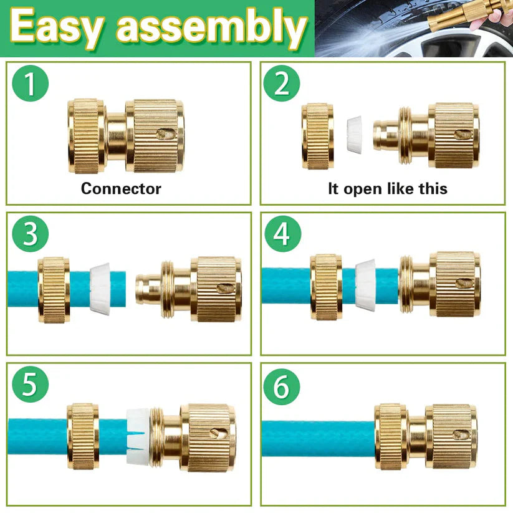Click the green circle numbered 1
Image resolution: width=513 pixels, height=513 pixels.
pyautogui.click(x=29, y=84)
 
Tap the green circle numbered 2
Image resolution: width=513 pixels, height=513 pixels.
pyautogui.click(x=282, y=84)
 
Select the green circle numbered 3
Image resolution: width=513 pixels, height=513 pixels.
pyautogui.click(x=29, y=234)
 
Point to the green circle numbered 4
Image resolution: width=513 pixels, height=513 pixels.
pyautogui.click(x=282, y=234)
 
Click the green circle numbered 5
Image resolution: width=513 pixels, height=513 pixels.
pyautogui.click(x=29, y=385)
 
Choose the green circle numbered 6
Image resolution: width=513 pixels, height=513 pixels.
pyautogui.click(x=282, y=387)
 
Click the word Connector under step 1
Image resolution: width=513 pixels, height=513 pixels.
pyautogui.click(x=121, y=188)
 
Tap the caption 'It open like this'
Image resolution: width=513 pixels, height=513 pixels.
pyautogui.click(x=387, y=188)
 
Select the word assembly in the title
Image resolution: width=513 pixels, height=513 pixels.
pyautogui.click(x=213, y=29)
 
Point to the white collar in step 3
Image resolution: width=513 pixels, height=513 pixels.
pyautogui.click(x=101, y=288)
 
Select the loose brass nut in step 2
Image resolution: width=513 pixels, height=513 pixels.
pyautogui.click(x=318, y=136)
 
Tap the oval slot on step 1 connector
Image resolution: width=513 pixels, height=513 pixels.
pyautogui.click(x=166, y=134)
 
